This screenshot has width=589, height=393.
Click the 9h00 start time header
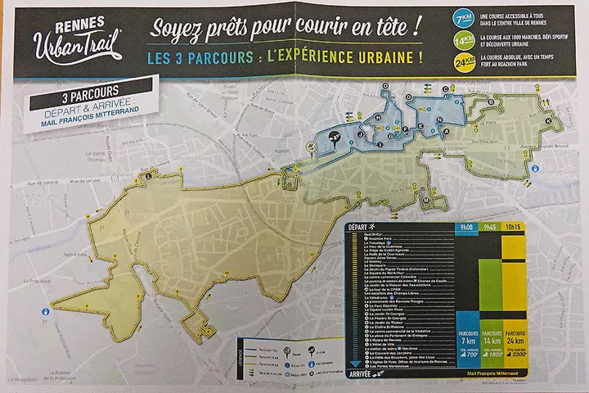tap(467, 227)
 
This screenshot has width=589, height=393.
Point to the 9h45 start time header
tap(492, 227)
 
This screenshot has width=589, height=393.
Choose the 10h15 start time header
tap(516, 227)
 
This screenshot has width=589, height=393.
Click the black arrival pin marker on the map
tap(335, 138)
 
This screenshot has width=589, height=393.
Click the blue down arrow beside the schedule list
tap(353, 364)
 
